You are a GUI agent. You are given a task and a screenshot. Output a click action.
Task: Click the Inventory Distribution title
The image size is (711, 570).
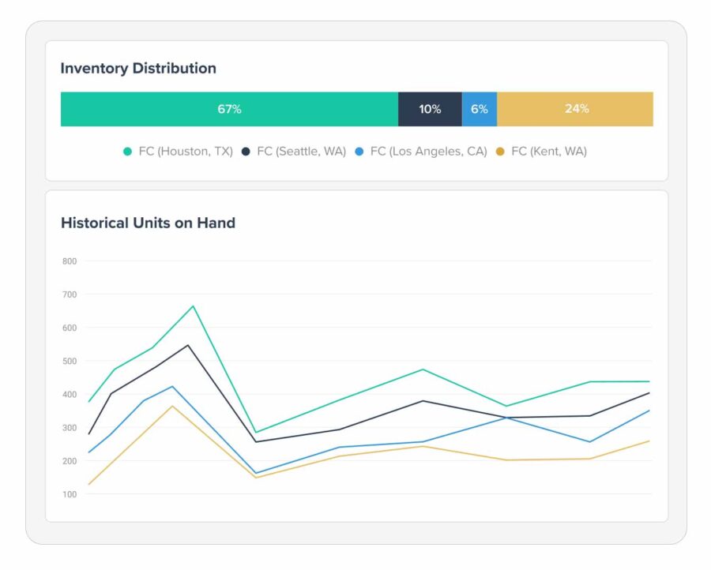(138, 69)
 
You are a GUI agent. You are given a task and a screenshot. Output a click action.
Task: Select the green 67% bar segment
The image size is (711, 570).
(229, 109)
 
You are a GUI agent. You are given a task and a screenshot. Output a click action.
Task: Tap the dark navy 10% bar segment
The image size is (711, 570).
(430, 109)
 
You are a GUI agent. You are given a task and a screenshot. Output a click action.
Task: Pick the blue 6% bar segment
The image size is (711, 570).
(480, 109)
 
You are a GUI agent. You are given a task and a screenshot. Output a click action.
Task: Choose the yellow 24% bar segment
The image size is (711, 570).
(576, 109)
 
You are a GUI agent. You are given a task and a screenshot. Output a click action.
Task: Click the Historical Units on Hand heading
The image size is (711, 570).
(148, 223)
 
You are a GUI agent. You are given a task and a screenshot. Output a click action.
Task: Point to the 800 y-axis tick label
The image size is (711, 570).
(70, 261)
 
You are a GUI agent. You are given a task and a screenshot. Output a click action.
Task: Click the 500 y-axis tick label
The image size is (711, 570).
(70, 362)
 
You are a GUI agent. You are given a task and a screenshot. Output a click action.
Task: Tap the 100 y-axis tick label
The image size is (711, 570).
(70, 495)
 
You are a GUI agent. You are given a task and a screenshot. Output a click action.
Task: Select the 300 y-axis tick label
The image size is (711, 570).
(70, 428)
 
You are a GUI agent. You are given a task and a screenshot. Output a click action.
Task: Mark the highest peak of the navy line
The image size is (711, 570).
(188, 345)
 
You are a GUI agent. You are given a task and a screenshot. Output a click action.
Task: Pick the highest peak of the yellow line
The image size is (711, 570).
(172, 406)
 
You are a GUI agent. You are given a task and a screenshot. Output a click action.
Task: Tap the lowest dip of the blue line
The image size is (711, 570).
(255, 473)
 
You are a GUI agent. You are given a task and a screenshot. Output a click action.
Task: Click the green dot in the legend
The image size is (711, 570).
(127, 151)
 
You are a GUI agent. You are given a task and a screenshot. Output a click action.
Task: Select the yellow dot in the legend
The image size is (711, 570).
(500, 151)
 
